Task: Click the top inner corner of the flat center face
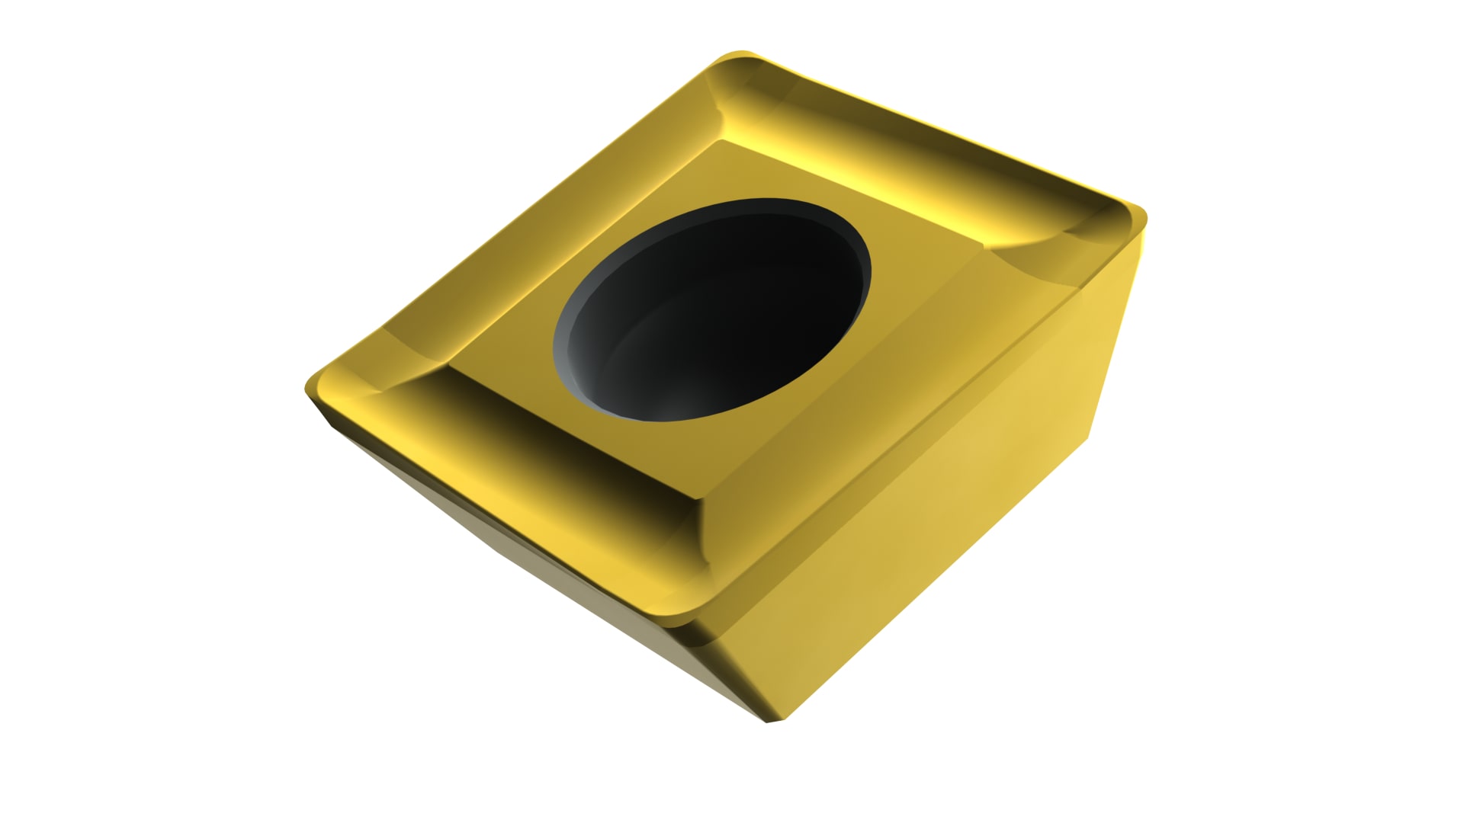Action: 721,141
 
